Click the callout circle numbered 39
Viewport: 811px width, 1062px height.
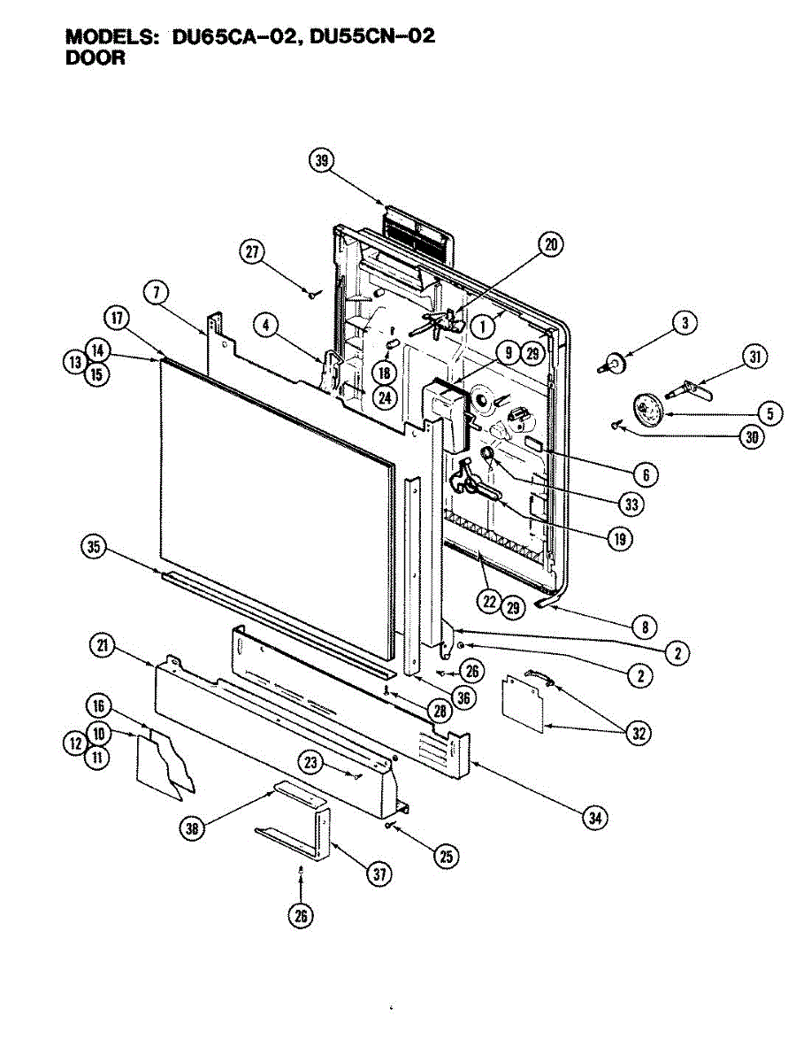323,160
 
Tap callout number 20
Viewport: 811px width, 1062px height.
552,245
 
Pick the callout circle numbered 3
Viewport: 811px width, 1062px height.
684,324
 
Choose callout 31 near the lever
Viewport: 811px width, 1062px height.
754,358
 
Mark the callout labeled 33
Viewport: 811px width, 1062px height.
631,504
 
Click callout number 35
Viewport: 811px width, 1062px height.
94,546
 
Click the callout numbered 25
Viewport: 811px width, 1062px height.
447,855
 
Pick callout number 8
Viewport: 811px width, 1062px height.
645,627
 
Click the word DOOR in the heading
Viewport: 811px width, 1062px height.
96,58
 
